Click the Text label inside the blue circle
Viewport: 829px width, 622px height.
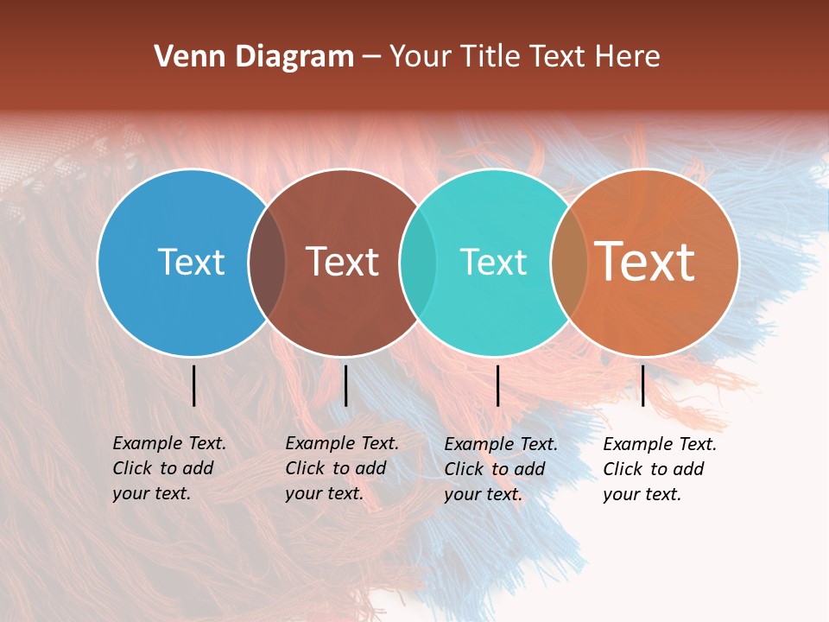[191, 262]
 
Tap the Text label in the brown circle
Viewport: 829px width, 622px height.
[342, 262]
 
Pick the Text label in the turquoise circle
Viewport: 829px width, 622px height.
[493, 262]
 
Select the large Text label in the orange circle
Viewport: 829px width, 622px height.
[644, 261]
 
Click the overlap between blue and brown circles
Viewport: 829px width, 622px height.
[267, 263]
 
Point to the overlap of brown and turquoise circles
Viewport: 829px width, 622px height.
[418, 263]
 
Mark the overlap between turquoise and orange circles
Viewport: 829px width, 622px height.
[569, 263]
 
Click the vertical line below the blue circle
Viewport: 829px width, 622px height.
[194, 385]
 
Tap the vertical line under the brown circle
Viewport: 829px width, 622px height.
[345, 385]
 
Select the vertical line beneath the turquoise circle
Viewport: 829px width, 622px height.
[497, 385]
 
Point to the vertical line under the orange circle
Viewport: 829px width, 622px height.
[642, 385]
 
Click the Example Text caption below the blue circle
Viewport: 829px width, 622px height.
[168, 468]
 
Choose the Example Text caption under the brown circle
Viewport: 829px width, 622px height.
[341, 468]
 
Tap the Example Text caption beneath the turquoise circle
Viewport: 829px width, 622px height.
[500, 469]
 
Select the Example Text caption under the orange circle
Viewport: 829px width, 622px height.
[659, 469]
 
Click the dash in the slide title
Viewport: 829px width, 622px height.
[371, 58]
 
